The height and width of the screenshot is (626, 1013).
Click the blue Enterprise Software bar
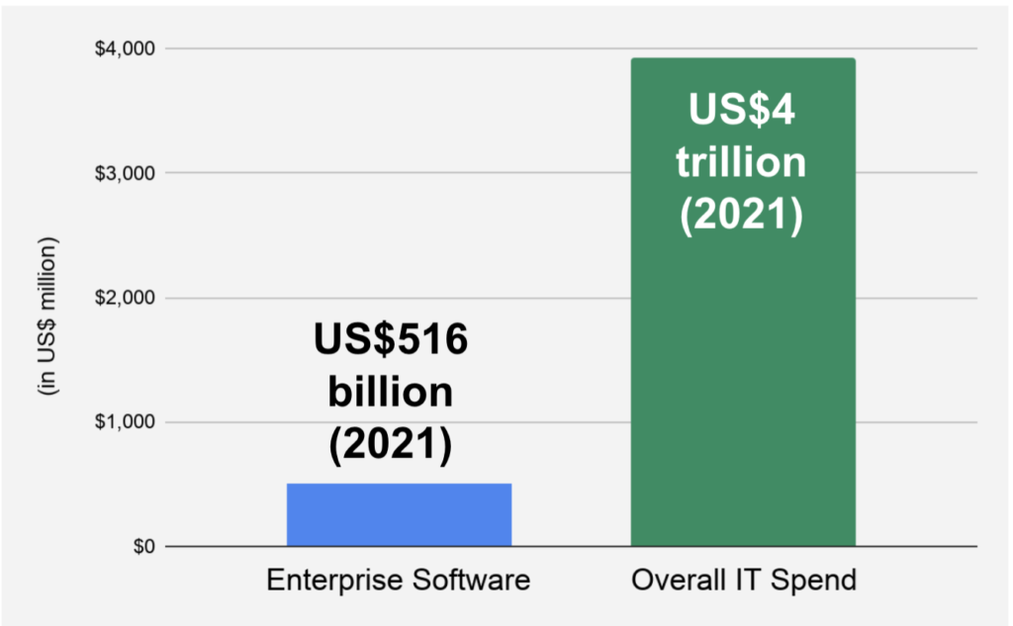pos(399,514)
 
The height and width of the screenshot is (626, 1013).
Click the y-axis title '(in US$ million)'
pos(46,317)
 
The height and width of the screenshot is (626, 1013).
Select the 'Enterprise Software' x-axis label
pos(399,581)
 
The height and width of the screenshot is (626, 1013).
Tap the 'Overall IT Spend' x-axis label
pos(743,581)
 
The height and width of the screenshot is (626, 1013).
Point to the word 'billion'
pos(391,393)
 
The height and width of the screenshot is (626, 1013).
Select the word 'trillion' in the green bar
pos(742,161)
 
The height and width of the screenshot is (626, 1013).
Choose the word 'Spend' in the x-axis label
pos(818,581)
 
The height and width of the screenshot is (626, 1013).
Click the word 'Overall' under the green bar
pos(673,581)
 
